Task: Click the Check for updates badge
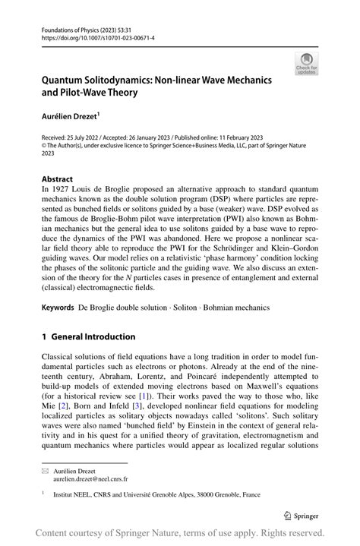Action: (308, 65)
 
